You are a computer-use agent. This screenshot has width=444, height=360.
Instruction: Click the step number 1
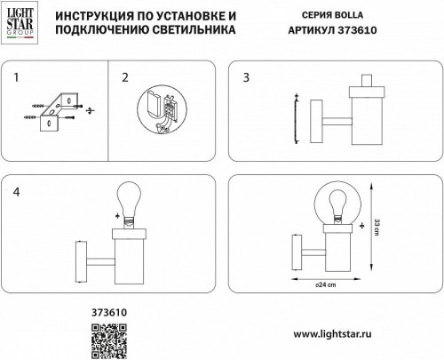tap(17, 78)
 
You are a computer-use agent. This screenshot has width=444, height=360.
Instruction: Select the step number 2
tap(124, 78)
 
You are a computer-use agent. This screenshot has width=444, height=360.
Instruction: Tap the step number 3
tap(246, 78)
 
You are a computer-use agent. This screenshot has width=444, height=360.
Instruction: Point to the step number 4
tap(17, 193)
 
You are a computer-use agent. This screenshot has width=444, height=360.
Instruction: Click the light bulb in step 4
tap(130, 202)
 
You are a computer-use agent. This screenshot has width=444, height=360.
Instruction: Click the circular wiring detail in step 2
tap(163, 110)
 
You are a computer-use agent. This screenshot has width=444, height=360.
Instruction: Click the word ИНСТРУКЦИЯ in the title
tap(90, 15)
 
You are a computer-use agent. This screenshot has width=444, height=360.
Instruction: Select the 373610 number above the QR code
tap(110, 312)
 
